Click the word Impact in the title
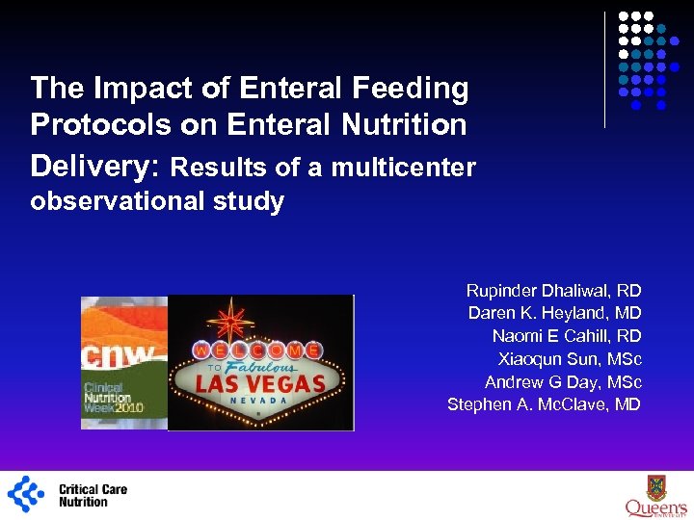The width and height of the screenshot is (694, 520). click(x=127, y=89)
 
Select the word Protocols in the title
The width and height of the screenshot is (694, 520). click(x=90, y=124)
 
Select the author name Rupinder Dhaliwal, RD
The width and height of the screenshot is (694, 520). click(x=553, y=290)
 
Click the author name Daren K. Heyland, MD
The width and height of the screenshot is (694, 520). click(x=554, y=313)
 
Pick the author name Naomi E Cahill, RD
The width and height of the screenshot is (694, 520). click(x=566, y=336)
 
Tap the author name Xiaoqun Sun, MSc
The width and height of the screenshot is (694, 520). click(x=570, y=359)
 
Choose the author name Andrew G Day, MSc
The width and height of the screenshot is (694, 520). click(x=563, y=381)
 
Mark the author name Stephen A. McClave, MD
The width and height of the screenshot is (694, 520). click(x=544, y=404)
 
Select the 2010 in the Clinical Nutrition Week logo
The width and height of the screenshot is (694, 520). click(x=127, y=407)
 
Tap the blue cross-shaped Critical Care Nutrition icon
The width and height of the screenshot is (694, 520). click(x=26, y=493)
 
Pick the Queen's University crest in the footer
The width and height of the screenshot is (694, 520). click(x=656, y=487)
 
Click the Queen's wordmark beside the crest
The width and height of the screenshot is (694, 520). click(x=655, y=508)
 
